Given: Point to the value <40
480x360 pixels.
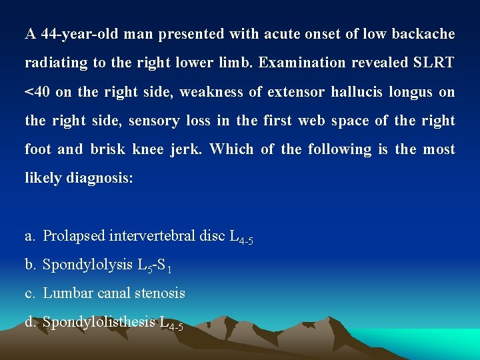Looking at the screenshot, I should [37, 92].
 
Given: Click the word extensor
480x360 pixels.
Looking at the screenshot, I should [297, 92].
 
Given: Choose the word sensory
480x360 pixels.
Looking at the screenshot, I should [154, 121].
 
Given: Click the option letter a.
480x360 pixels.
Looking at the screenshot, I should [29, 236].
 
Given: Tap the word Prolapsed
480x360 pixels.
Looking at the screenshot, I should [74, 235].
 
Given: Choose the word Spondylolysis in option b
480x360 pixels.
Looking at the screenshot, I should [87, 265].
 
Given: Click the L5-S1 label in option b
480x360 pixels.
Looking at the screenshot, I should [155, 266].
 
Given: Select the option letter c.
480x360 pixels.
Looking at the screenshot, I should [29, 293].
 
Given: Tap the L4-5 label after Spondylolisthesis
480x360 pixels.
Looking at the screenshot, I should [171, 324].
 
